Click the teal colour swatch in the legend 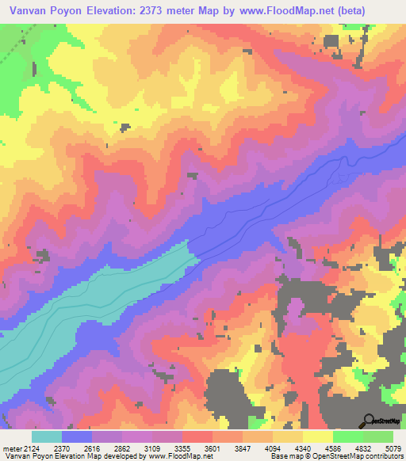pos(47,437)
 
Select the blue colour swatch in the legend pos(77,437)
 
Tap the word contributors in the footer pos(384,456)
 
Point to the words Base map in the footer pos(285,456)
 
